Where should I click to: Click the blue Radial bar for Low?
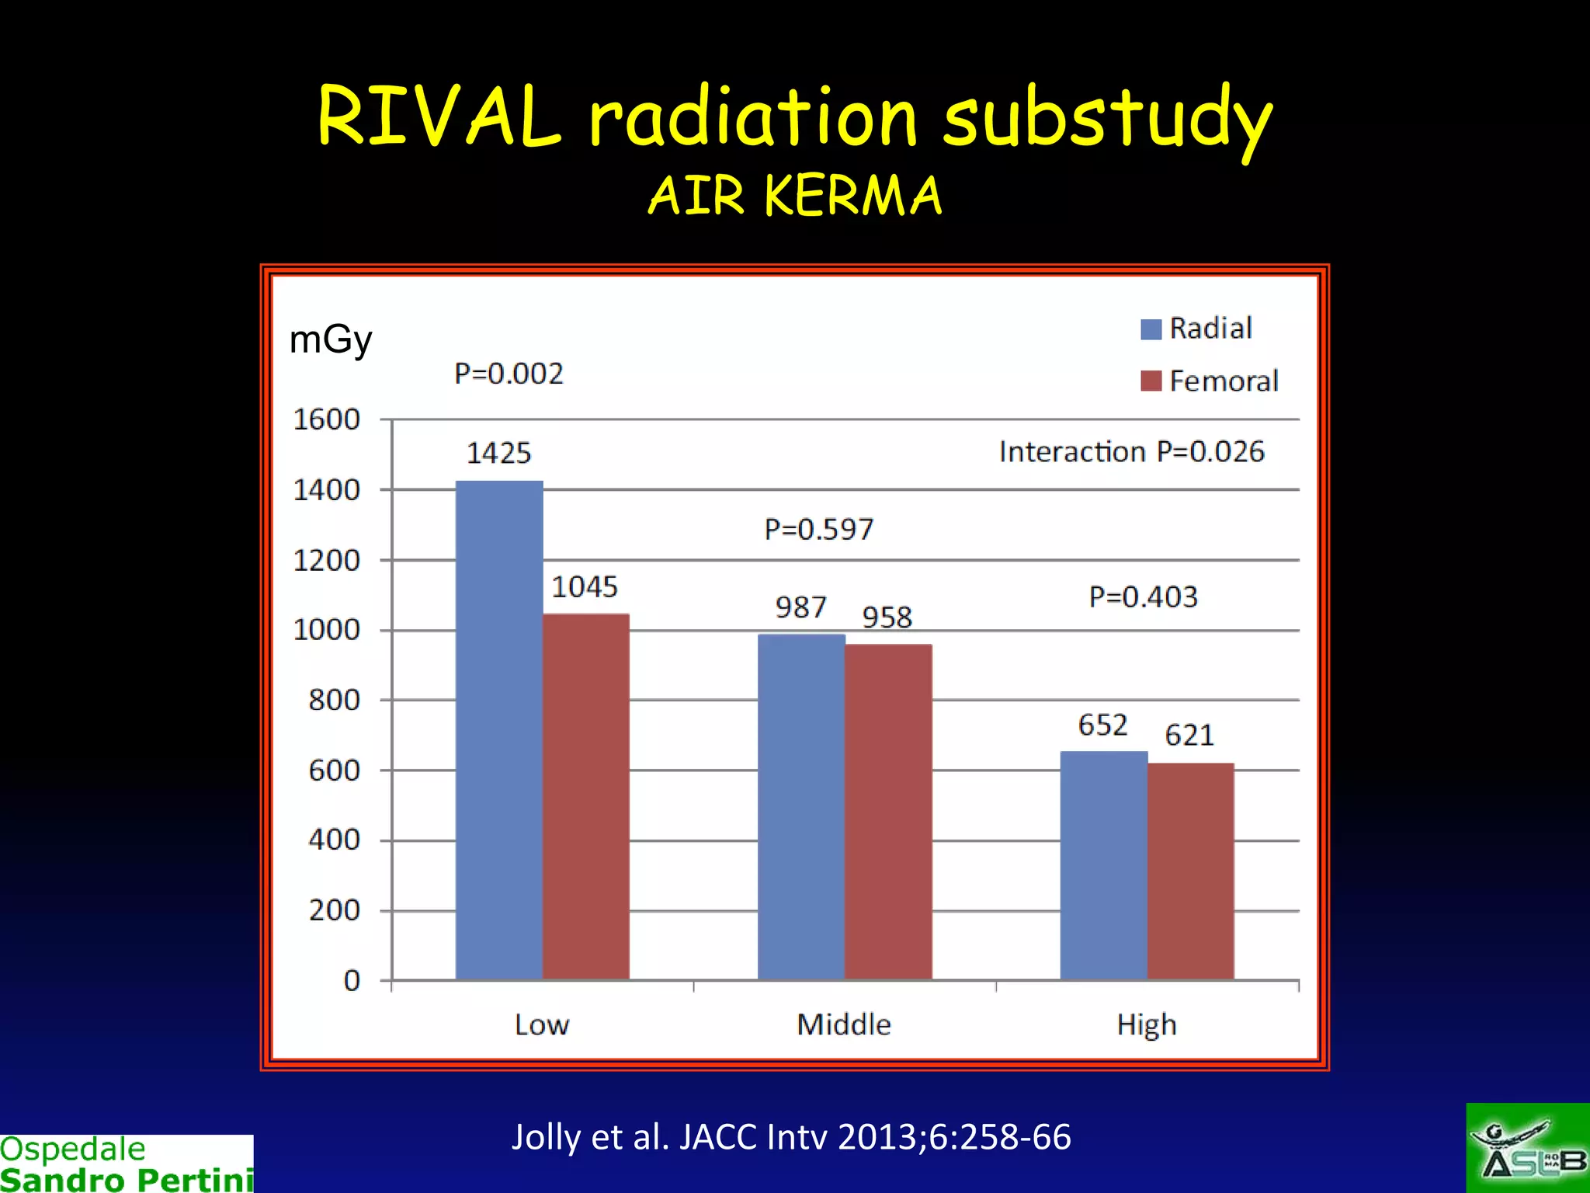coord(499,730)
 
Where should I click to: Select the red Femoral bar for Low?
coord(586,796)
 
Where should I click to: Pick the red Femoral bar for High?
coord(1190,871)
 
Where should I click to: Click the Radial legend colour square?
coord(1151,329)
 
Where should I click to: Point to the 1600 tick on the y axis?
coord(327,420)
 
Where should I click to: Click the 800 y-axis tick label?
coord(335,701)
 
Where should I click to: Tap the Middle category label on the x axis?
coord(844,1024)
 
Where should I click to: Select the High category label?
coord(1147,1024)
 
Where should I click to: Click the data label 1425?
coord(498,454)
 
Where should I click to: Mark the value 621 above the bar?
coord(1189,736)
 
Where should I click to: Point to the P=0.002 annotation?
coord(509,374)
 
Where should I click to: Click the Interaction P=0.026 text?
coord(1131,452)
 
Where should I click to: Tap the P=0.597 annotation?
coord(819,530)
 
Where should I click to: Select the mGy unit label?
coord(331,340)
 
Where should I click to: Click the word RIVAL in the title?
coord(439,117)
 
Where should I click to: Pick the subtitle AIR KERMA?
coord(795,195)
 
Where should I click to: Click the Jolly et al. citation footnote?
coord(791,1137)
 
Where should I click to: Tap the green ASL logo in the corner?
coord(1527,1148)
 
